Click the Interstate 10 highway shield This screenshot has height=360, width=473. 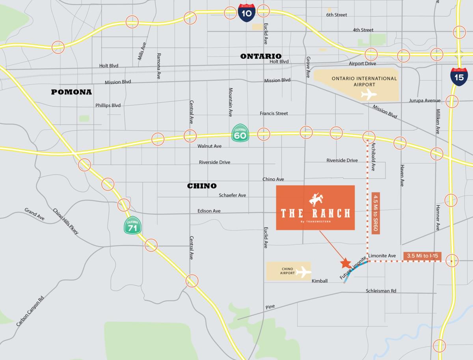tap(247, 13)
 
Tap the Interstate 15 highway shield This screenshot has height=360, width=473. tap(459, 76)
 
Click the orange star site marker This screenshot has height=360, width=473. tap(346, 263)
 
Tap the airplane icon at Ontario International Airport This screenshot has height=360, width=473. tap(369, 95)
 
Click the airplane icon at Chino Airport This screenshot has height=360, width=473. tap(303, 272)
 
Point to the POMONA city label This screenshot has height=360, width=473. tap(71, 92)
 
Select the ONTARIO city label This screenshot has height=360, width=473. tap(261, 56)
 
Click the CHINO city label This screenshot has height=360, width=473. tap(202, 186)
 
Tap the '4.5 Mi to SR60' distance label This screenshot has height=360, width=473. tap(376, 213)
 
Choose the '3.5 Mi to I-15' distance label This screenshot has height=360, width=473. tap(423, 256)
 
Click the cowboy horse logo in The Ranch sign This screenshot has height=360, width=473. tap(315, 200)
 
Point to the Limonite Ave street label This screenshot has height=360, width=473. tap(382, 256)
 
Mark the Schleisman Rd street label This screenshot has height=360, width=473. tap(381, 291)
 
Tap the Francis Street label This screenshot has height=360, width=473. tap(274, 113)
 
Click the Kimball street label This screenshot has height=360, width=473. tap(320, 281)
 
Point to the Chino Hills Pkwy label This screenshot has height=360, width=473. tap(66, 222)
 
